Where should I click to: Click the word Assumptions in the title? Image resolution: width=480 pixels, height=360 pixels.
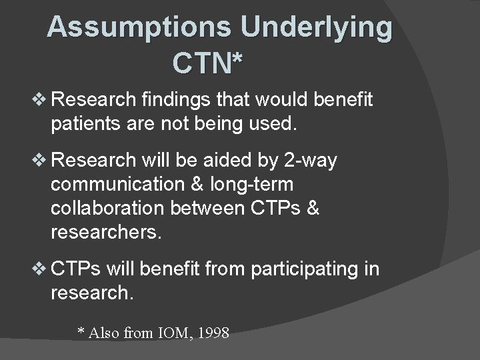tap(139, 27)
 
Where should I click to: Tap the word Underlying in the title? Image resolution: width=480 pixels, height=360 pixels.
tap(317, 27)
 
